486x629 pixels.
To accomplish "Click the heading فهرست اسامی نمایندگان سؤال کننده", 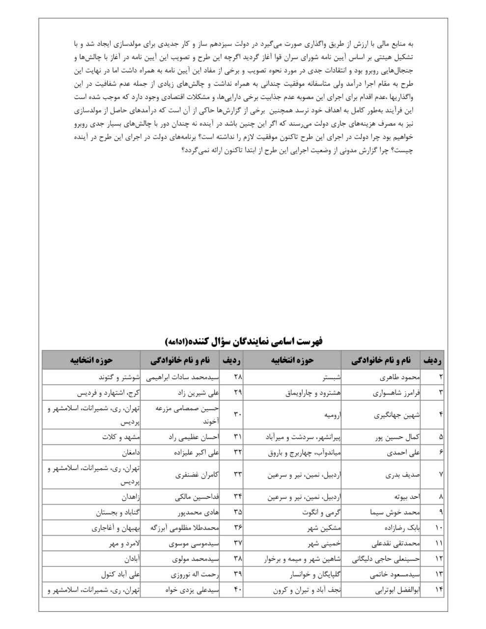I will [243, 341].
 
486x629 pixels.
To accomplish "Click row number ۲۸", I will [237, 378].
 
